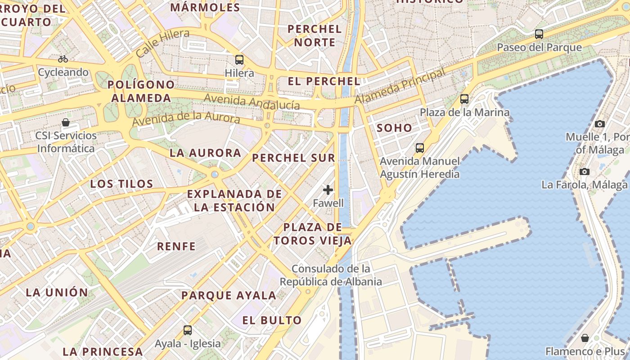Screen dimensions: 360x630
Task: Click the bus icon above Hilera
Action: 239,59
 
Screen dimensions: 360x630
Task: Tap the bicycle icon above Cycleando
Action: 63,59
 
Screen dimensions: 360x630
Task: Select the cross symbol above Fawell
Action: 328,190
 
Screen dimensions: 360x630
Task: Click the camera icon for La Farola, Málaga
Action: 585,171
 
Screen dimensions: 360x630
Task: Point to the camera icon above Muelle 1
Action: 599,124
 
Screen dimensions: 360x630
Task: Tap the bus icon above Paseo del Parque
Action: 539,34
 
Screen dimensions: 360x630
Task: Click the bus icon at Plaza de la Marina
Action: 464,99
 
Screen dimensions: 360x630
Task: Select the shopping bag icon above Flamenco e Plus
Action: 585,337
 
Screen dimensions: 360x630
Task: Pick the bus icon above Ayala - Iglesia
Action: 188,330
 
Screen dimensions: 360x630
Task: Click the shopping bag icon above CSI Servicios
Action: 66,122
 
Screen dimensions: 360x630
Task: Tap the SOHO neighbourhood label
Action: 394,128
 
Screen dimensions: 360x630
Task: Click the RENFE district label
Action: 176,246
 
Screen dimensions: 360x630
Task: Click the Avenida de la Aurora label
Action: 186,118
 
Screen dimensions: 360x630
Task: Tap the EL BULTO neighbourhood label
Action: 272,320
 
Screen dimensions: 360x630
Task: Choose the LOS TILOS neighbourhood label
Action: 121,184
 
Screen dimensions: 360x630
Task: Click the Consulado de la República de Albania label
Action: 331,275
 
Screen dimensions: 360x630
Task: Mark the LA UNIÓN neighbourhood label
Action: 57,292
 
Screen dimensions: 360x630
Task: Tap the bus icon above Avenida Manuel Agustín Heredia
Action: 419,148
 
